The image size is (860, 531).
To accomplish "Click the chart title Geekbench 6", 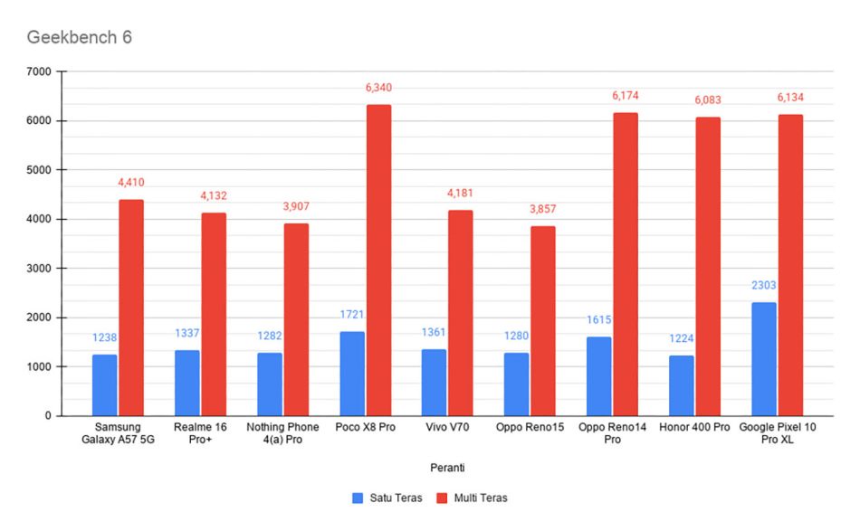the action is pos(79,37).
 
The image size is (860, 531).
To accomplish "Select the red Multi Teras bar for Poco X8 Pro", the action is pos(379,261).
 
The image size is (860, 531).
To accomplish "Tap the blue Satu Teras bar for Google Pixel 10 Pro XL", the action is pos(763,359).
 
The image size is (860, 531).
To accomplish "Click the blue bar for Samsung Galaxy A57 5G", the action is pos(105,385).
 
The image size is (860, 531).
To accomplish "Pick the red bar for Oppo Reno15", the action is pos(543,321).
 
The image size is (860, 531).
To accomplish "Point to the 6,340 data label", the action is pos(379,88).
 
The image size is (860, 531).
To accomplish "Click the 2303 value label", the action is pos(763,285).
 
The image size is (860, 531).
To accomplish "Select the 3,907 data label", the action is pos(296,206).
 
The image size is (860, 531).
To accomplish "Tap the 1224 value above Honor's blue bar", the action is pos(681,338).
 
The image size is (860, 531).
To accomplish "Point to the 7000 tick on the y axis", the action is pos(39,71).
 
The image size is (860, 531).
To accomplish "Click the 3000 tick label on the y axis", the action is pos(39,268).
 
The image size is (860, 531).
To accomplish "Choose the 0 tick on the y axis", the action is pos(48,416).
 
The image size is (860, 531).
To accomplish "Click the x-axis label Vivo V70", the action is pos(447,427).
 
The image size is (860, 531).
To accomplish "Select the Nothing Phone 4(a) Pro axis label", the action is pos(282,433).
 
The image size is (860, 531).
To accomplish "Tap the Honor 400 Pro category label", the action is pos(694,427).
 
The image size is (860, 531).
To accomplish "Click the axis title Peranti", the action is pos(447,468).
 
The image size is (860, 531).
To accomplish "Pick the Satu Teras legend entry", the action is pos(387,498).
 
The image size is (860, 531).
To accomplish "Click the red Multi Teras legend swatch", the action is pos(442,498).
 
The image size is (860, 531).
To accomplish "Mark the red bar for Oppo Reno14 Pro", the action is pos(626,265).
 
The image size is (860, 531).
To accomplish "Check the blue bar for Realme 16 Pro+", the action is pos(187,383).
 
